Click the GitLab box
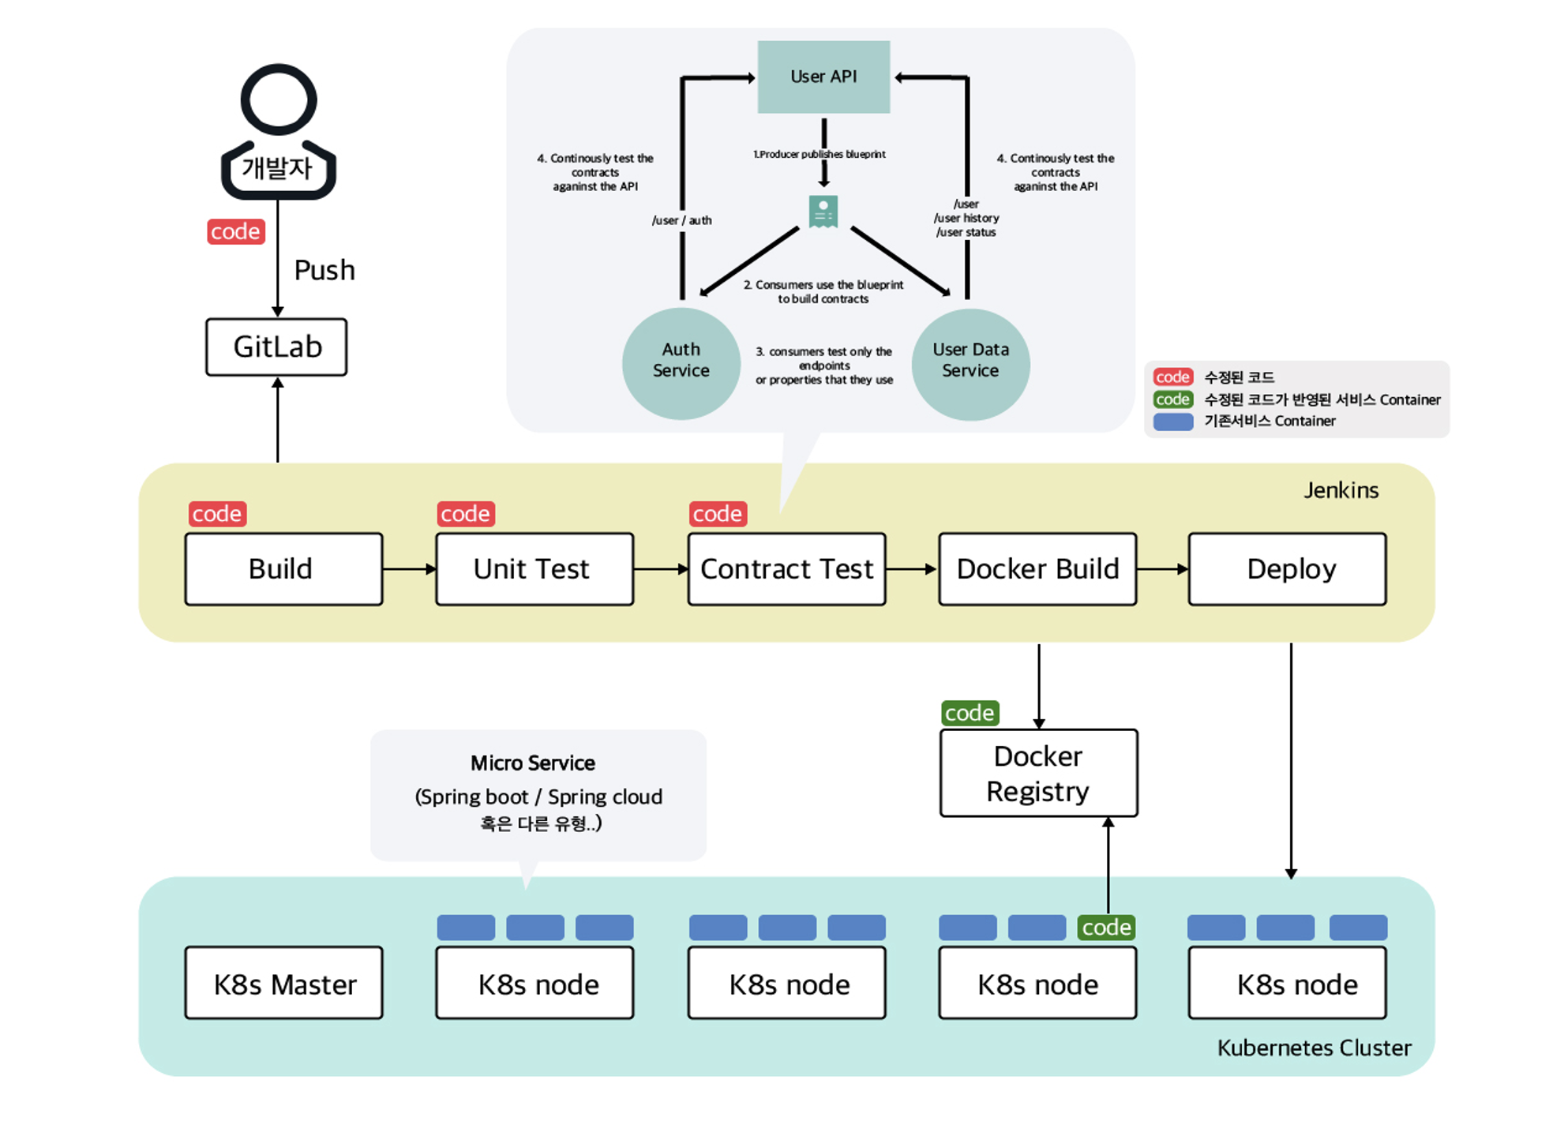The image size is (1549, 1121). tap(276, 347)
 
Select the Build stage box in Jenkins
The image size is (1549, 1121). tap(283, 569)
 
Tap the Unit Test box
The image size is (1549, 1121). tap(534, 569)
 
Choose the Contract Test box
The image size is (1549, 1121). tap(786, 569)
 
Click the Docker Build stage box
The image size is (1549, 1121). tap(1037, 569)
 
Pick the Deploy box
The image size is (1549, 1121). tap(1287, 569)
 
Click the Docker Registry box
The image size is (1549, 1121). tap(1038, 773)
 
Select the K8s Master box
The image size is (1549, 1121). tap(283, 983)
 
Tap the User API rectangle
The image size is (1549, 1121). tap(823, 77)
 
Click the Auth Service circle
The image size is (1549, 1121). tap(681, 363)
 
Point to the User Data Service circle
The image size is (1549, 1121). tap(970, 363)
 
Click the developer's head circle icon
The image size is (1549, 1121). tap(279, 100)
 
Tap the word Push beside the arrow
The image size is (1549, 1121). tap(324, 270)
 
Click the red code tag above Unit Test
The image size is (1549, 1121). tap(466, 514)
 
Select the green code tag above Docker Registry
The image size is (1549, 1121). tap(970, 713)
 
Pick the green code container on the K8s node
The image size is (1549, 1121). tap(1106, 927)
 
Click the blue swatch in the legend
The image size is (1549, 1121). tap(1172, 422)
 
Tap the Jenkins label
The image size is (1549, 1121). tap(1341, 490)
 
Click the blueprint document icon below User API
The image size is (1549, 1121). tap(823, 212)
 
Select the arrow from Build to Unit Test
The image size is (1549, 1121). tap(409, 569)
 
